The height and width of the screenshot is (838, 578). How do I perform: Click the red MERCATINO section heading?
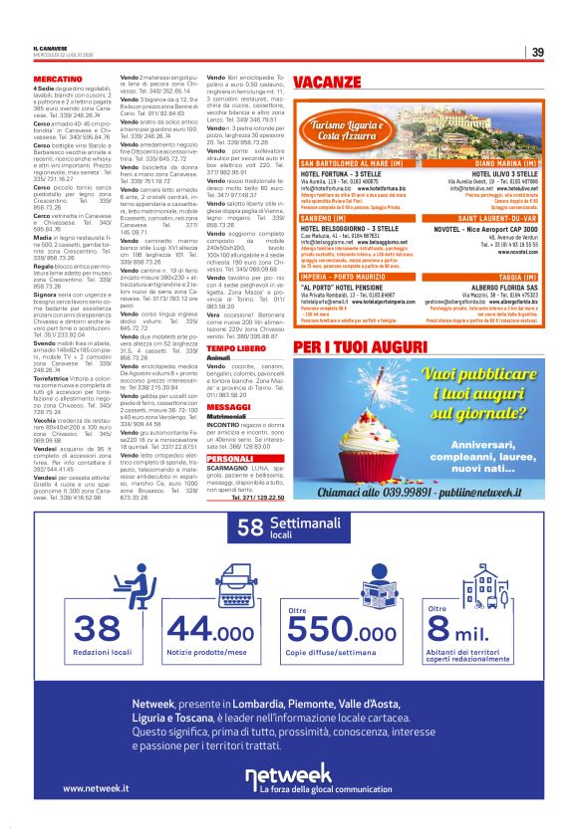(58, 78)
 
